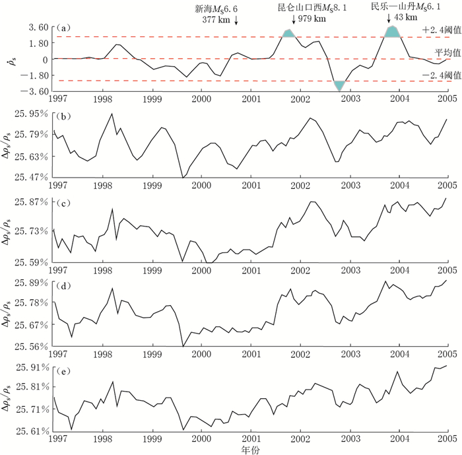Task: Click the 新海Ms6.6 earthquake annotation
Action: (x=216, y=9)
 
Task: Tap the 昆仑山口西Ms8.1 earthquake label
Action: (x=302, y=9)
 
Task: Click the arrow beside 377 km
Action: (x=236, y=21)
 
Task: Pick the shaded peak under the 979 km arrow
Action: (x=288, y=34)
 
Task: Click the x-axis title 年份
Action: (x=251, y=449)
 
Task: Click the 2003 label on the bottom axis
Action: (x=349, y=439)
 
